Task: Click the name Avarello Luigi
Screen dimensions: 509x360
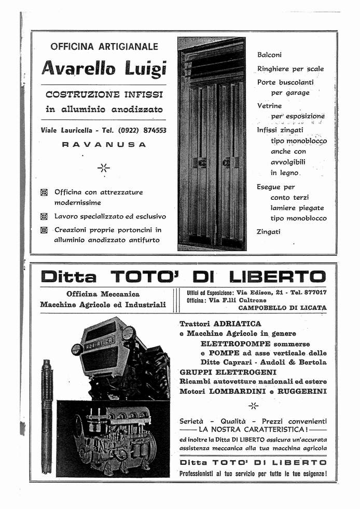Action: pyautogui.click(x=103, y=68)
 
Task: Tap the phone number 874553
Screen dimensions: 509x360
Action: pyautogui.click(x=150, y=130)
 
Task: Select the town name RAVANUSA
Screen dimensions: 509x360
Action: pyautogui.click(x=104, y=145)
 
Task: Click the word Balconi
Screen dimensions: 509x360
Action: pyautogui.click(x=269, y=54)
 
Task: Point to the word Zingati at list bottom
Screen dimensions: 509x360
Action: pyautogui.click(x=268, y=232)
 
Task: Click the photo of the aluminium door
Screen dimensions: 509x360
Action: pyautogui.click(x=212, y=144)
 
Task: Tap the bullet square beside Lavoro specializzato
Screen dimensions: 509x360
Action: pyautogui.click(x=44, y=216)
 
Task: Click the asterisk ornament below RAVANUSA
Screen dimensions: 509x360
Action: pyautogui.click(x=104, y=168)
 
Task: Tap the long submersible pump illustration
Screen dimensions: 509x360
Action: pyautogui.click(x=47, y=415)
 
